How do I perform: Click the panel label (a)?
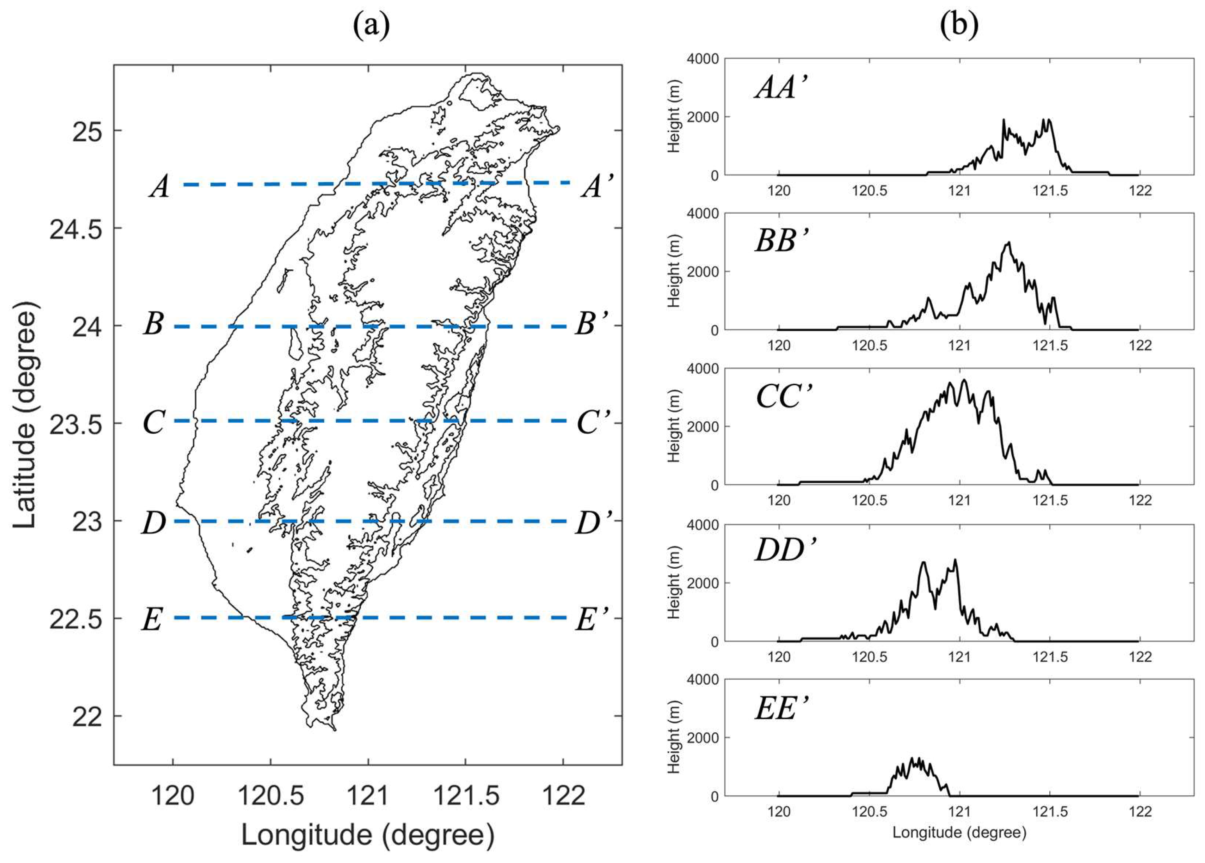pos(371,25)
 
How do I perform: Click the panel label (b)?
pos(959,25)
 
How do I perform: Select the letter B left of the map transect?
pos(153,324)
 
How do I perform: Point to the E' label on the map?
pos(591,619)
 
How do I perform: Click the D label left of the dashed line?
pos(153,523)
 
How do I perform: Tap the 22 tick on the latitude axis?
pos(87,717)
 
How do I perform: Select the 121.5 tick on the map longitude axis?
pos(466,796)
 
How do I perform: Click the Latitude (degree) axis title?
pos(25,416)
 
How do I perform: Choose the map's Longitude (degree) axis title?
pos(368,835)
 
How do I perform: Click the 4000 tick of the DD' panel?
pos(703,525)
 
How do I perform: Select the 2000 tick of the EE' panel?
pos(703,738)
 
